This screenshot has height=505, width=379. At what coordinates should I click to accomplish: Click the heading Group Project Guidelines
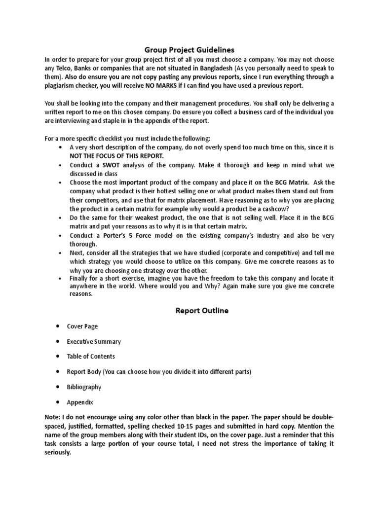pos(189,50)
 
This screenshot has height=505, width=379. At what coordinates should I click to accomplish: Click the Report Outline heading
pos(202,311)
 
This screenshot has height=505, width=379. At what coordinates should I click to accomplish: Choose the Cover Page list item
pos(82,326)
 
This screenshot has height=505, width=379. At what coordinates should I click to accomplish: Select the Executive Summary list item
pos(94,341)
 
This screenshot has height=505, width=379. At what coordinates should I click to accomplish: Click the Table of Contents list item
pos(91,357)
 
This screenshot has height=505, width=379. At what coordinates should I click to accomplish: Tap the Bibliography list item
pos(84,387)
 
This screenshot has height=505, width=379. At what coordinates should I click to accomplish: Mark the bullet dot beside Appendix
pos(58,402)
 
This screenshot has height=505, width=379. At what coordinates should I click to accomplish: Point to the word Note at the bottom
pos(52,417)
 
